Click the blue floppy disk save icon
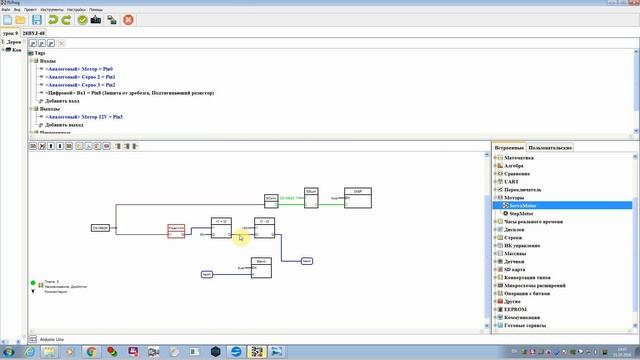(x=37, y=19)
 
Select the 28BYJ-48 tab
(x=34, y=33)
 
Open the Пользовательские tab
(x=550, y=147)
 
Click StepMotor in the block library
(x=521, y=213)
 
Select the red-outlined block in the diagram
(x=177, y=231)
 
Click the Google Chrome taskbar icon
(x=91, y=351)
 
